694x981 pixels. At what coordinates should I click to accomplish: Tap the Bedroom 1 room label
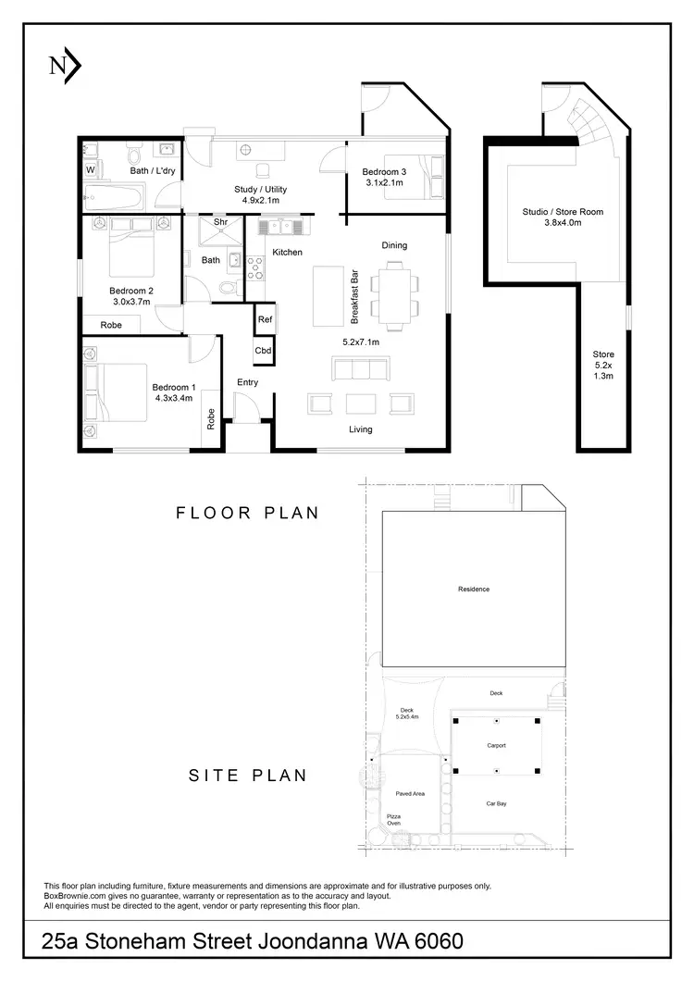174,387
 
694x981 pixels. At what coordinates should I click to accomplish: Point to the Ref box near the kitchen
265,319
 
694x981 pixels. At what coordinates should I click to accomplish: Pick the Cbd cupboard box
264,351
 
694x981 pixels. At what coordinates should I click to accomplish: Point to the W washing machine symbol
91,170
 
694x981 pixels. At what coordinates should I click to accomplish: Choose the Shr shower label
220,222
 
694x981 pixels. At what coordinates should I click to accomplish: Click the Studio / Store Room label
562,212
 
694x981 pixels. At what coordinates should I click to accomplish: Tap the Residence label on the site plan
473,589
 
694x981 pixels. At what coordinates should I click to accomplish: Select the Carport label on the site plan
496,745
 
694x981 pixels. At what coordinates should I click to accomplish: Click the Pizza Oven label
394,818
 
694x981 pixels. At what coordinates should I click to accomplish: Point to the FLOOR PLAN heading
247,513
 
